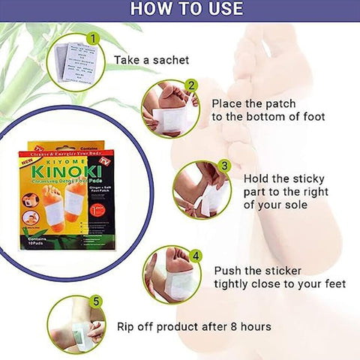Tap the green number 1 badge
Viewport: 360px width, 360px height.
93,37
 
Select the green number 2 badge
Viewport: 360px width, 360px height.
191,86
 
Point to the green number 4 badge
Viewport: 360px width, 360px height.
196,255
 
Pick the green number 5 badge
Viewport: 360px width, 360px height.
96,302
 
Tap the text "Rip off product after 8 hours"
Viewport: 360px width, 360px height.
194,326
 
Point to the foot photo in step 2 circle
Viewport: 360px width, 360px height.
172,109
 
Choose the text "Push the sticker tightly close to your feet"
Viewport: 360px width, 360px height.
280,277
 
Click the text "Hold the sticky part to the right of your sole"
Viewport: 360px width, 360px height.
292,190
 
